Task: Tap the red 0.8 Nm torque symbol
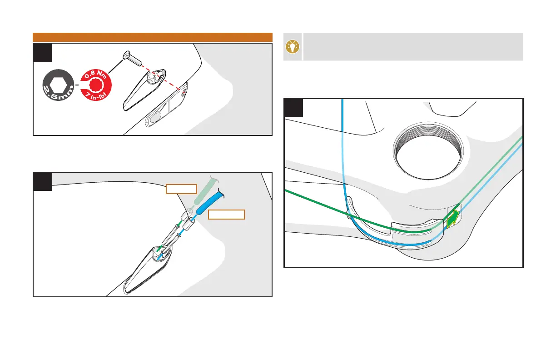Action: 95,85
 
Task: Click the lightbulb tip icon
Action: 293,47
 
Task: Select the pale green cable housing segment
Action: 203,190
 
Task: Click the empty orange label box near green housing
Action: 181,189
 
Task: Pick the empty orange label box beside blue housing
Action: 226,215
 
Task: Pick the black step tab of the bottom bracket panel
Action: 293,107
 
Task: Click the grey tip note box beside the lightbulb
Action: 412,47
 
